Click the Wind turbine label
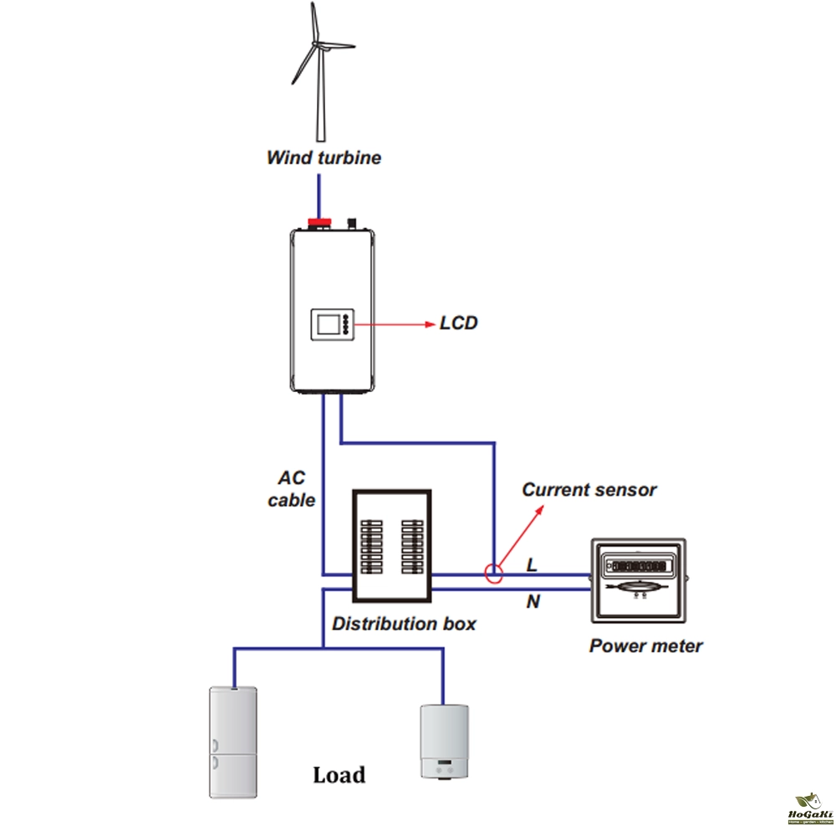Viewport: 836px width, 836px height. click(x=324, y=157)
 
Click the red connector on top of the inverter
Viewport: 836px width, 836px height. click(x=319, y=222)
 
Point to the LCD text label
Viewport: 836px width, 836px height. click(x=458, y=323)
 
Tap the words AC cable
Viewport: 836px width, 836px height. click(x=292, y=489)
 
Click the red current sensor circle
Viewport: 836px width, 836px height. click(x=494, y=573)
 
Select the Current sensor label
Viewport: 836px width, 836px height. click(x=589, y=490)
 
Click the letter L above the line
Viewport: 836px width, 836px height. click(x=532, y=566)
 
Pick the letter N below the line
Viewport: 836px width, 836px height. click(x=533, y=601)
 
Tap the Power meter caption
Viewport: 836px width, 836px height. click(x=645, y=645)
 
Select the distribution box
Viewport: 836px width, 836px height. click(x=391, y=546)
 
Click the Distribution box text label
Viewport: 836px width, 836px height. click(x=404, y=624)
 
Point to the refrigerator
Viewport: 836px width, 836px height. click(x=232, y=742)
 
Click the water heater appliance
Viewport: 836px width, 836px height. click(x=444, y=741)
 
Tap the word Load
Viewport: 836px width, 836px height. click(x=339, y=775)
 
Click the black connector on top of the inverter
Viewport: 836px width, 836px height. click(x=352, y=222)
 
